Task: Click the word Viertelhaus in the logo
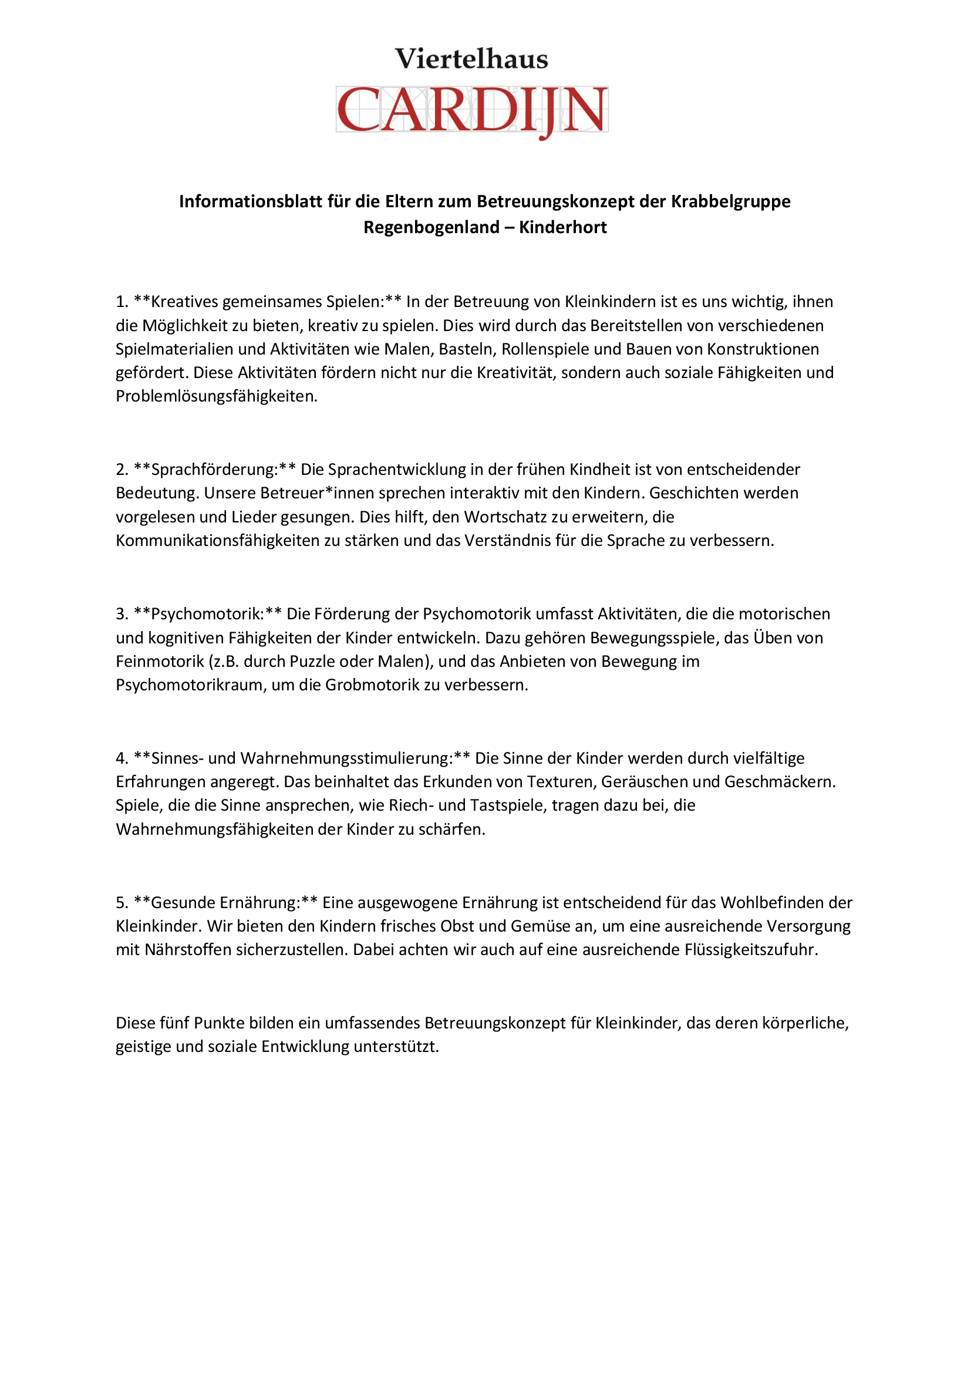(x=471, y=59)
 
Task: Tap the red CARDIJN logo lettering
(x=472, y=110)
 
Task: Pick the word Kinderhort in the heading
(x=562, y=227)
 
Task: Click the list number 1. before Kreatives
(x=122, y=301)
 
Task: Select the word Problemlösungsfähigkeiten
(x=217, y=396)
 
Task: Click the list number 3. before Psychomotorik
(x=122, y=613)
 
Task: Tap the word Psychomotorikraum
(x=191, y=684)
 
